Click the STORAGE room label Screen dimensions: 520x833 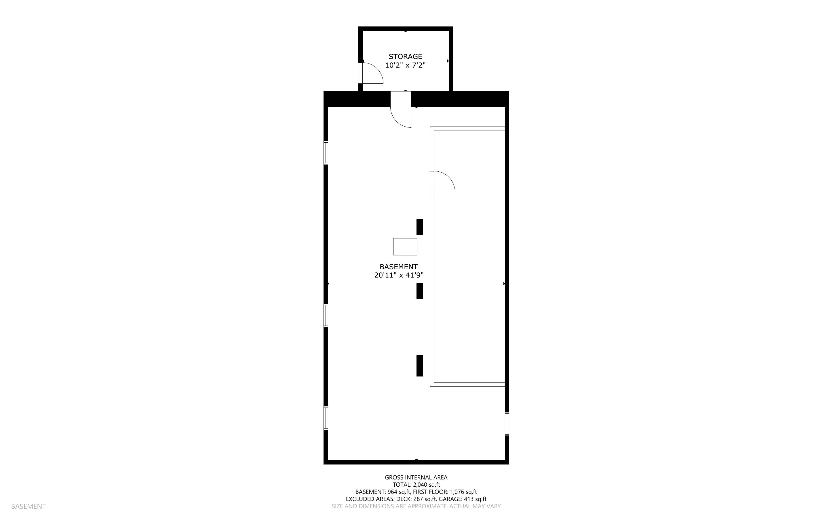(405, 56)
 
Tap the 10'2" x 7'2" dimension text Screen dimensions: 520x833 (405, 65)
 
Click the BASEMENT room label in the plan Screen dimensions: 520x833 (398, 267)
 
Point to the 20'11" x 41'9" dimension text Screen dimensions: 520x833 (398, 275)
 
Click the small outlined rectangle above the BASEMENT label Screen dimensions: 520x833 (405, 246)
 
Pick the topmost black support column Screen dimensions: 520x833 (419, 227)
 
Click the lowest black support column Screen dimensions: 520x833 (419, 366)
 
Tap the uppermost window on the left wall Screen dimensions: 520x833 (326, 153)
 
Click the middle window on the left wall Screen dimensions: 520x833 (326, 315)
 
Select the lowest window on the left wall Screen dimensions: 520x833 (326, 418)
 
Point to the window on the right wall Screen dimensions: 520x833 (507, 424)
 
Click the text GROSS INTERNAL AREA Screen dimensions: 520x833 (416, 477)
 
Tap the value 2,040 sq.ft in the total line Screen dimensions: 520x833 (427, 485)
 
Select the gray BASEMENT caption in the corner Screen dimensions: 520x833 (28, 506)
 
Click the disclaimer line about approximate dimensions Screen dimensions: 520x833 (416, 506)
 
